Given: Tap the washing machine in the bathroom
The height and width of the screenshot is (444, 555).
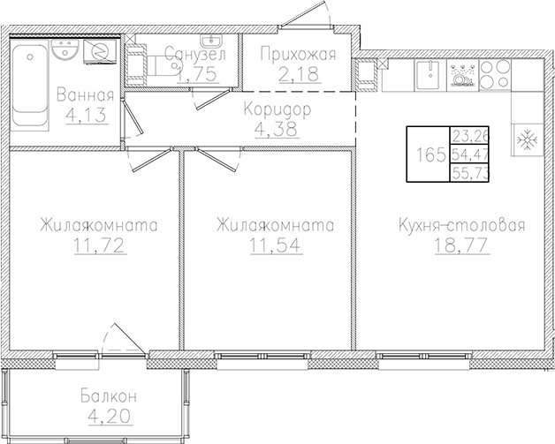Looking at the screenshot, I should [101, 53].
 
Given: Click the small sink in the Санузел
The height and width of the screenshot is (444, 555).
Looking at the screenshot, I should [210, 41].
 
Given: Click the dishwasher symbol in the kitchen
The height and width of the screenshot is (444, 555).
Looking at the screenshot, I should [461, 75].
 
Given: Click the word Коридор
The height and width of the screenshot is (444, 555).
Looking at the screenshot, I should [277, 111].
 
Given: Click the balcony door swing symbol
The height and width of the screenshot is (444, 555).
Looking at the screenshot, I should [122, 341].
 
